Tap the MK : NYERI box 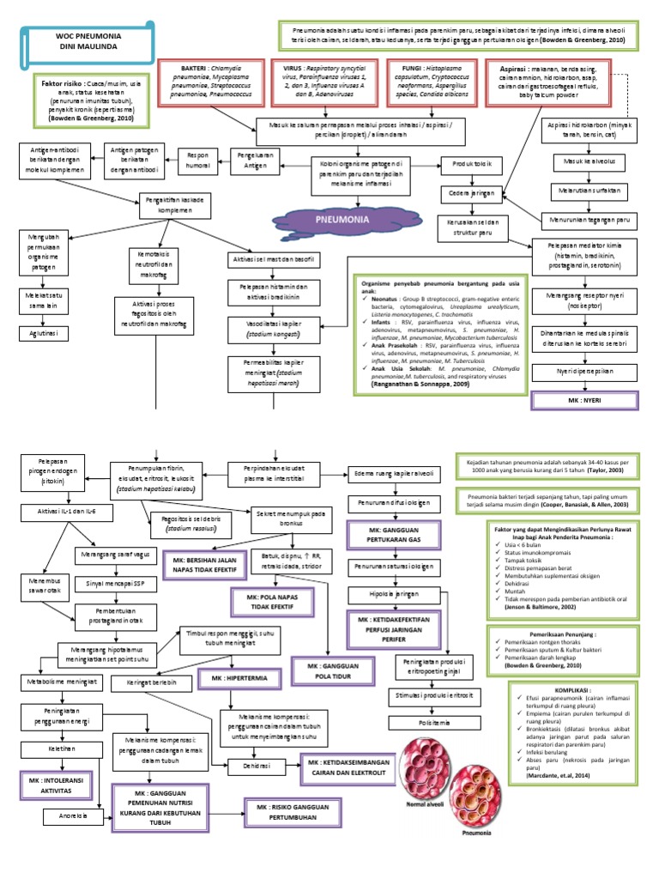[x=580, y=400]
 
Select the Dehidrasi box [x=255, y=765]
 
